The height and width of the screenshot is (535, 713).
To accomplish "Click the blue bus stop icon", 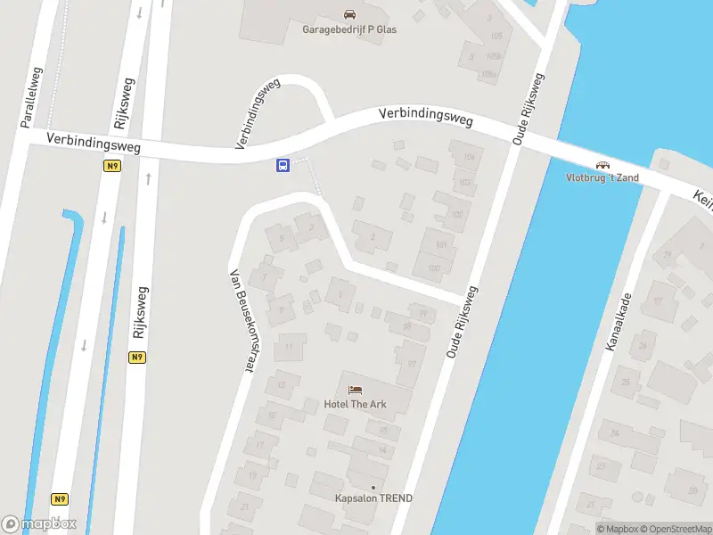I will click(283, 165).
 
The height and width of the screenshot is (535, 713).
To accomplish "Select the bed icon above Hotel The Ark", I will click(355, 390).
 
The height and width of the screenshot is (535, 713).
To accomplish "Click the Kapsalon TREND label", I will click(373, 498).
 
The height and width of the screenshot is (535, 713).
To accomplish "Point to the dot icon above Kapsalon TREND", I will click(373, 487).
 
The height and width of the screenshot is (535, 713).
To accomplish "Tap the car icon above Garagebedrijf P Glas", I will click(349, 14).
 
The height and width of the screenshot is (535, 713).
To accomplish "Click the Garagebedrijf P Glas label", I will click(349, 29).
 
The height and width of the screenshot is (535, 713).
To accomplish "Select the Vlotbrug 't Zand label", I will click(602, 177).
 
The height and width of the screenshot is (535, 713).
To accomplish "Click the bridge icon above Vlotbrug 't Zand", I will click(602, 165).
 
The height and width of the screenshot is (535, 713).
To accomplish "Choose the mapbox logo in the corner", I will click(39, 523).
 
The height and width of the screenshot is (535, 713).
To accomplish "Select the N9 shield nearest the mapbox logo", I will click(61, 499).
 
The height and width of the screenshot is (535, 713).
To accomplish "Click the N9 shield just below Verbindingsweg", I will click(112, 166).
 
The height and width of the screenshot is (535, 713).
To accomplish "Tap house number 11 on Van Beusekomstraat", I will click(289, 348).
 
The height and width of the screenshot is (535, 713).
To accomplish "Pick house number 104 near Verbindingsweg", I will click(469, 157).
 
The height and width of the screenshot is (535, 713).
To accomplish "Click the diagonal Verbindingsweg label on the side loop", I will click(258, 113).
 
